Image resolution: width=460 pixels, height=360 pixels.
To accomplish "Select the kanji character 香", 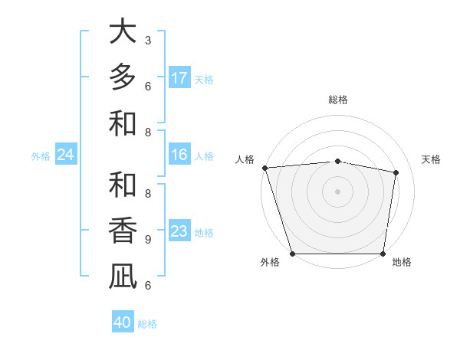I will pos(123,231).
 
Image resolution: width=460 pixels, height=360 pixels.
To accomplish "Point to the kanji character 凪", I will pos(123,277).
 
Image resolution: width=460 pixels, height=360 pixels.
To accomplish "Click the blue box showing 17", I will pos(179,78).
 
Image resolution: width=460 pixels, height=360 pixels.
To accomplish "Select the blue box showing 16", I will pos(179,155).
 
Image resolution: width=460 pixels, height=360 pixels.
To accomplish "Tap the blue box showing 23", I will pos(179,232).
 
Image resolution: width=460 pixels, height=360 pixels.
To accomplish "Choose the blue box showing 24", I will pos(65,155).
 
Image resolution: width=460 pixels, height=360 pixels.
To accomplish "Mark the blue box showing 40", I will pos(123,322).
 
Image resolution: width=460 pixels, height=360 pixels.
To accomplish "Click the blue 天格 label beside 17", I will pos(204,80).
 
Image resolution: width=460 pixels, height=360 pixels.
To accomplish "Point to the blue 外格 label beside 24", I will pos(41,156).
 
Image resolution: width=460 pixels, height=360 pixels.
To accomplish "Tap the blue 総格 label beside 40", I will pos(147,324).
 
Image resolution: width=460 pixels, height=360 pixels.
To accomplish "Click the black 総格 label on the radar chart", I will pos(337,100).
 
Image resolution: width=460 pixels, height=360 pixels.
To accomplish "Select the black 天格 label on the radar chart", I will pos(431,159).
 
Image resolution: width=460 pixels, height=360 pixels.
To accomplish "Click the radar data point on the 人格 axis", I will pos(264,168).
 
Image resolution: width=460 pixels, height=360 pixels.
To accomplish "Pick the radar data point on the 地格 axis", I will pos(383,254).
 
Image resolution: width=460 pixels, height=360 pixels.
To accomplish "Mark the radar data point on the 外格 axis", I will pos(292,254).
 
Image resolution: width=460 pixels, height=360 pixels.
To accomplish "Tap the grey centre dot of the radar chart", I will pos(337,191).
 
